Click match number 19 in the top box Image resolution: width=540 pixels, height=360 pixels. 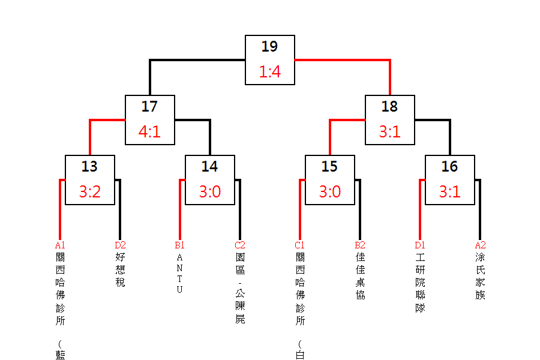[269, 47]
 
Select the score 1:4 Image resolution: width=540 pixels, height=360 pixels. [269, 72]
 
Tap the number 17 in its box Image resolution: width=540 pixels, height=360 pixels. [149, 107]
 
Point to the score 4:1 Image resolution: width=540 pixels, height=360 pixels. [149, 132]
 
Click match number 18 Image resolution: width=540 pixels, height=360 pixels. [389, 107]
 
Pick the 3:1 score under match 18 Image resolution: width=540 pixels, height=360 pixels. [389, 132]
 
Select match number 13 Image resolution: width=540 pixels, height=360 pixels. [89, 167]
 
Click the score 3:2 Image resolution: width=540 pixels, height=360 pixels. [89, 192]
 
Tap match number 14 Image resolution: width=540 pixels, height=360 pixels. [209, 167]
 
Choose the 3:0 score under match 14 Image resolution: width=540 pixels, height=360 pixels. [209, 192]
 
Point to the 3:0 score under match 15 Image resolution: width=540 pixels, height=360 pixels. [329, 192]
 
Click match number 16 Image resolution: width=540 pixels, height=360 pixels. [449, 167]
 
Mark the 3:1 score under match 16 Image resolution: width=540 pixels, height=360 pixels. [449, 192]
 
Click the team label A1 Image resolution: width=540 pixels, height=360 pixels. [60, 245]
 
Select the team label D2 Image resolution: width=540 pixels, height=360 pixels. [121, 245]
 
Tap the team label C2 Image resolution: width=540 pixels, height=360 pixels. [240, 245]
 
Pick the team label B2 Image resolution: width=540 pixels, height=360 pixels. [360, 245]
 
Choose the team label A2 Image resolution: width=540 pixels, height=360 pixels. [481, 245]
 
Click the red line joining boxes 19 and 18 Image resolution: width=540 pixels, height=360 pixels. [342, 60]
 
